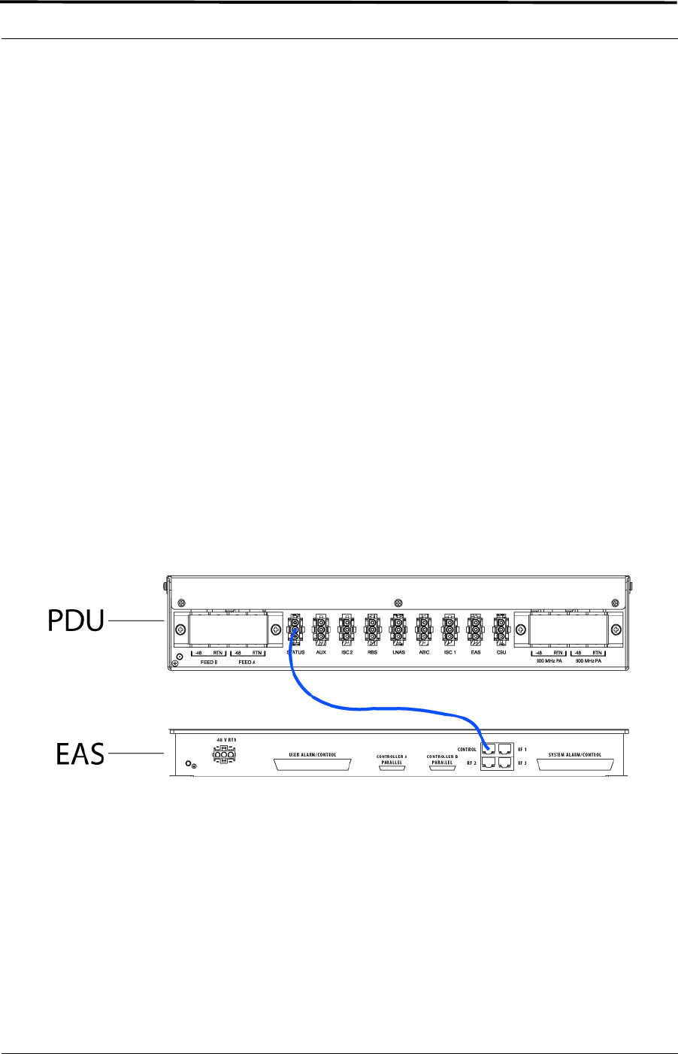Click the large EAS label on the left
point(80,753)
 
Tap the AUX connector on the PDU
point(321,629)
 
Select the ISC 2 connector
point(347,629)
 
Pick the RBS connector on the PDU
point(372,629)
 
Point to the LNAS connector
point(398,629)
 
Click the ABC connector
point(424,629)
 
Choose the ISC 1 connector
point(449,629)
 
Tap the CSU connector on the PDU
point(501,629)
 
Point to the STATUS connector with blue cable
point(295,629)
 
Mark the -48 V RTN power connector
point(223,756)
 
